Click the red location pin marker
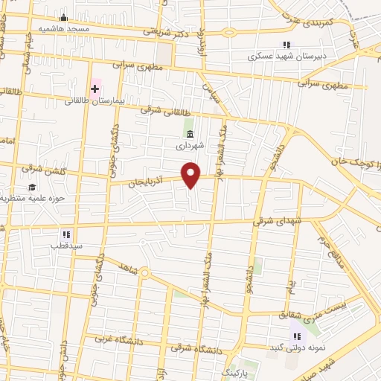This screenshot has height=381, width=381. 192,176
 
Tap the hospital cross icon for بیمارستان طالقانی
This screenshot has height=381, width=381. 95,89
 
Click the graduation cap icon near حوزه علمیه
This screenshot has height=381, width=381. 31,187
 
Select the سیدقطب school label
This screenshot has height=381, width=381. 65,245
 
